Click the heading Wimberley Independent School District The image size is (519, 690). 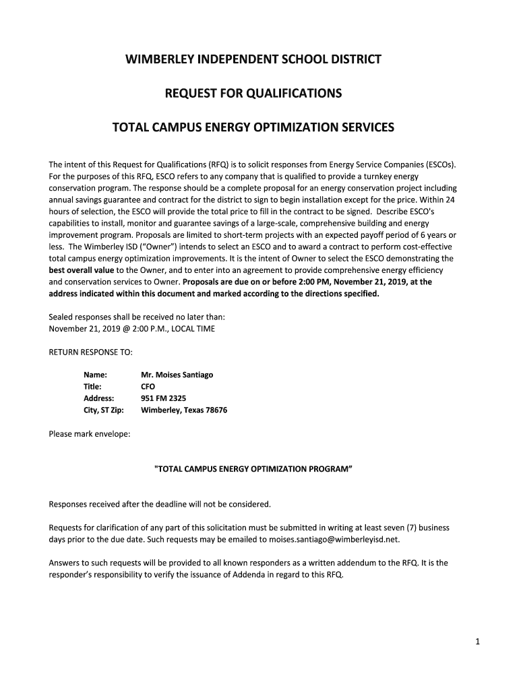pos(253,59)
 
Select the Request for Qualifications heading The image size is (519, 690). pos(253,93)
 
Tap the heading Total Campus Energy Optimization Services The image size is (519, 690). pos(253,127)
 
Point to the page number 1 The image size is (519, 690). pos(476,642)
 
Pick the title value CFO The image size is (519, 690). pos(148,386)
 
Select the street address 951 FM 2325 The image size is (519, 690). pos(163,398)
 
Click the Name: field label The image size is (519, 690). pos(95,374)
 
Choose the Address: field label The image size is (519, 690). pos(98,398)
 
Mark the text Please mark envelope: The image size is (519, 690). pos(90,433)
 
